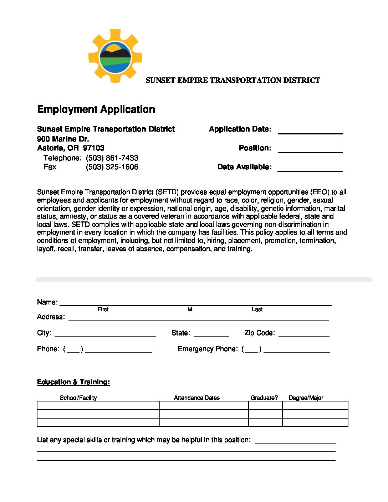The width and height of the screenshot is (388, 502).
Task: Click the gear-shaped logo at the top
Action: point(115,56)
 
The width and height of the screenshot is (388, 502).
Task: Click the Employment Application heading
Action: point(96,109)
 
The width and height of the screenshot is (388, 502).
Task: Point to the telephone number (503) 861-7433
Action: point(112,158)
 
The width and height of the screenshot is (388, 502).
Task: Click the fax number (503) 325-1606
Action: point(112,167)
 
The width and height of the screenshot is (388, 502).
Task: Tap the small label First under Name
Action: point(103,309)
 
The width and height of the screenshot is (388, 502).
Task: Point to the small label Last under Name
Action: point(257,309)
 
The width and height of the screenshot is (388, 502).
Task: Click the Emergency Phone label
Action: point(208,349)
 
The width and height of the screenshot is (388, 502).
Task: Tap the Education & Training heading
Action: point(73,382)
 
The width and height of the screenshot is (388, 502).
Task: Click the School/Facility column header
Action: point(78,398)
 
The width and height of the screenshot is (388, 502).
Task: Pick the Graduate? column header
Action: point(264,398)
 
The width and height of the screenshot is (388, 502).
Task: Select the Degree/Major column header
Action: point(306,398)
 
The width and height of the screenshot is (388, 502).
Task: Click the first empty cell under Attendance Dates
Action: point(204,405)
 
